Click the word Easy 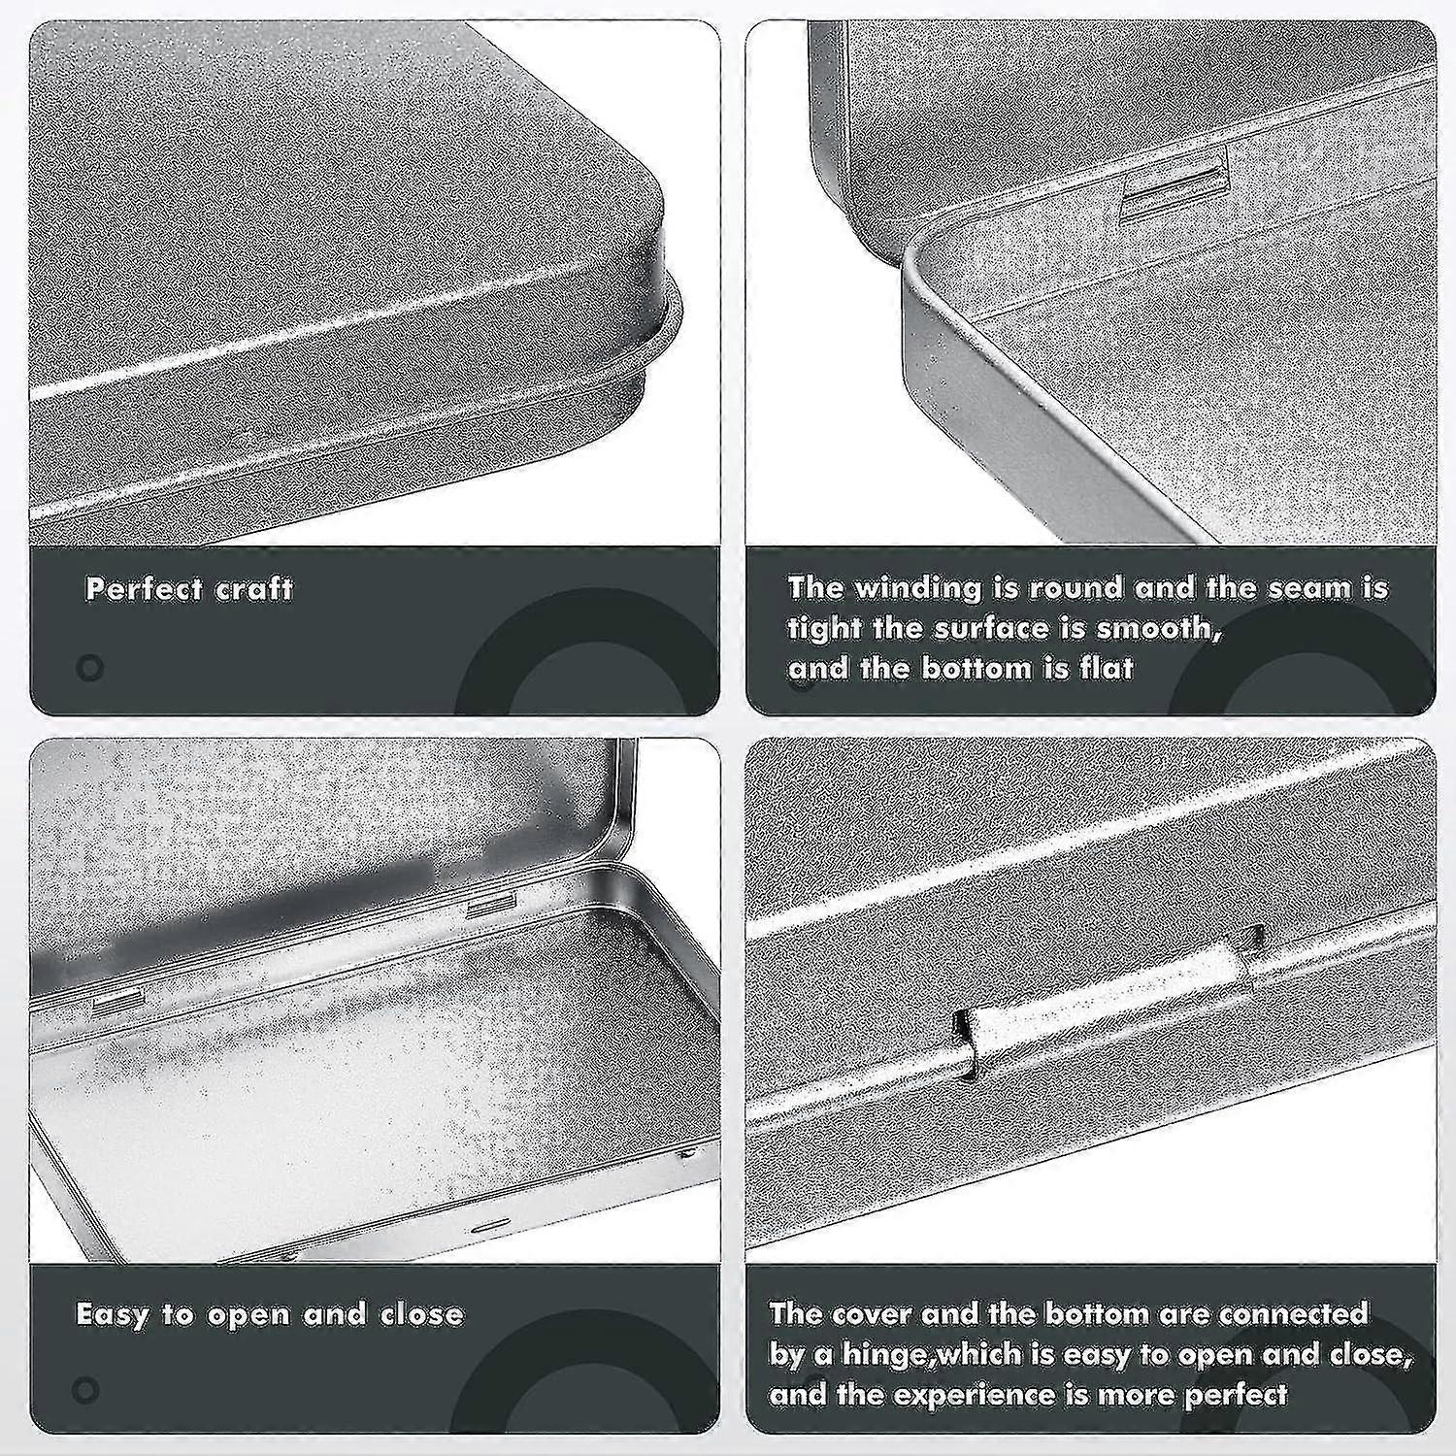click(111, 1314)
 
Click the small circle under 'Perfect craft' click(89, 668)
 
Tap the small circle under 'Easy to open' click(85, 1390)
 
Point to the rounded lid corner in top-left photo click(650, 243)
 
